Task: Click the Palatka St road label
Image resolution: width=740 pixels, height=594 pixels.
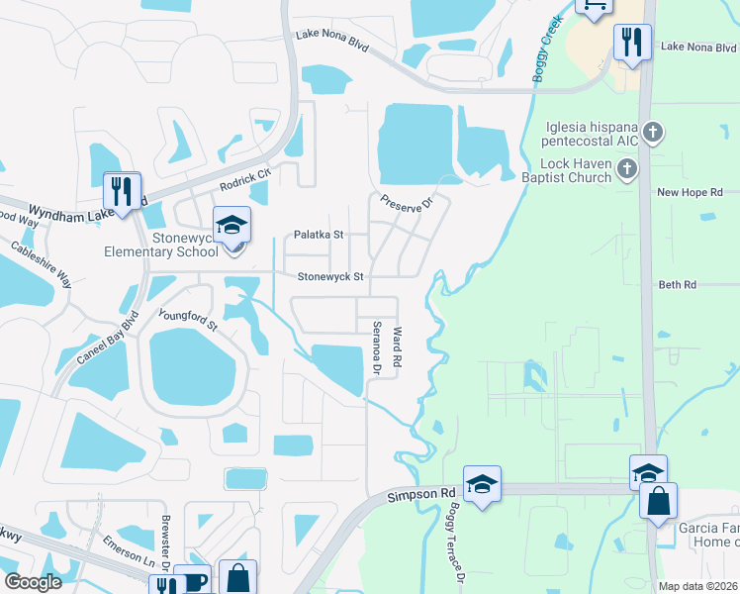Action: click(x=319, y=235)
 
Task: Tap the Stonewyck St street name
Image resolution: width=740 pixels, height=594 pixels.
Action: click(x=331, y=277)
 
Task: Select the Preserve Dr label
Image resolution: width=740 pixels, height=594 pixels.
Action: click(x=408, y=201)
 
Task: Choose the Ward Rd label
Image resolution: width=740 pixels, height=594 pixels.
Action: click(x=398, y=348)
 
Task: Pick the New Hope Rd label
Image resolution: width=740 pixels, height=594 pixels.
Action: click(x=690, y=192)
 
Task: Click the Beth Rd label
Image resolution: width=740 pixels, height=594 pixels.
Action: click(x=678, y=284)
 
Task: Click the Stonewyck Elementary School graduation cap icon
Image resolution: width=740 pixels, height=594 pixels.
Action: click(x=231, y=225)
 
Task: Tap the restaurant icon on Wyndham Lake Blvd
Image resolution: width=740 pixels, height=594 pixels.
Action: click(x=123, y=189)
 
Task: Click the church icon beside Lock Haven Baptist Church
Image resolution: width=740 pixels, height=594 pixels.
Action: click(x=625, y=170)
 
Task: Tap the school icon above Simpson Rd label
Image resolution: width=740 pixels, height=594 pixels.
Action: click(x=482, y=484)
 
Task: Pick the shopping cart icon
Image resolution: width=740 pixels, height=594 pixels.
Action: click(x=594, y=6)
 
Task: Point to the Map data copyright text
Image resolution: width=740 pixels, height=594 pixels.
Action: click(x=698, y=586)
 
